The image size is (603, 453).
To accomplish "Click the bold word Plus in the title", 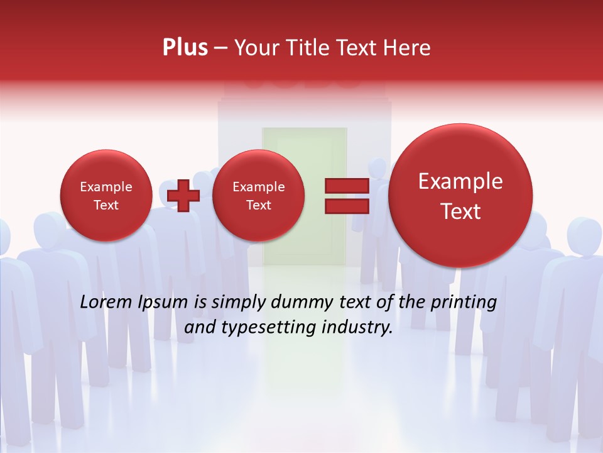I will pyautogui.click(x=185, y=48).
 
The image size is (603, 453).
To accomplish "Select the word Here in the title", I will pyautogui.click(x=408, y=48).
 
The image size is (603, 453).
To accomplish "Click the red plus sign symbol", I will pyautogui.click(x=183, y=195).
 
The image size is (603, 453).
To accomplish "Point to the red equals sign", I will pyautogui.click(x=346, y=195).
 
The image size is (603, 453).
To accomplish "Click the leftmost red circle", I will pyautogui.click(x=106, y=196).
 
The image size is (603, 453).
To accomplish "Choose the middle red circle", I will pyautogui.click(x=258, y=196).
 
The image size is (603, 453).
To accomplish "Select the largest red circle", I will pyautogui.click(x=460, y=196).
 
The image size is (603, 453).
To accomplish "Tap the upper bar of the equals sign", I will pyautogui.click(x=346, y=186).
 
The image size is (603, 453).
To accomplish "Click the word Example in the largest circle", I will pyautogui.click(x=460, y=182).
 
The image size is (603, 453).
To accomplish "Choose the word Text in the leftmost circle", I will pyautogui.click(x=106, y=205).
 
